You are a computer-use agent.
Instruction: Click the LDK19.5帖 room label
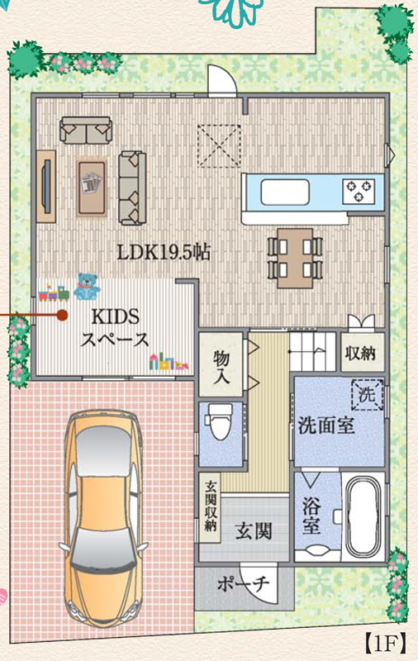[164, 252]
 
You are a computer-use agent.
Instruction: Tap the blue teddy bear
[88, 286]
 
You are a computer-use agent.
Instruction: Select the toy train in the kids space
[54, 293]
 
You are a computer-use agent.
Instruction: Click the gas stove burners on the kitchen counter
[359, 191]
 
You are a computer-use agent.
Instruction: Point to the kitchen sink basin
[285, 193]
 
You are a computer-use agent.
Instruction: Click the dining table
[295, 258]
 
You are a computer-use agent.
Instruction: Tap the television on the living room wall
[48, 186]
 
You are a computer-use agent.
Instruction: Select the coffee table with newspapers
[92, 188]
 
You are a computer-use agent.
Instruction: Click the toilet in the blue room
[219, 422]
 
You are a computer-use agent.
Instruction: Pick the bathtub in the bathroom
[363, 516]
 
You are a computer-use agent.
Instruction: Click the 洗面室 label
[326, 426]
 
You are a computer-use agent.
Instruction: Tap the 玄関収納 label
[211, 506]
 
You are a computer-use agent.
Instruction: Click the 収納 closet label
[360, 353]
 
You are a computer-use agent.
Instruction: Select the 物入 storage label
[221, 366]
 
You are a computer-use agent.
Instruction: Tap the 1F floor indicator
[385, 644]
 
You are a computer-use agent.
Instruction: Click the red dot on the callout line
[62, 315]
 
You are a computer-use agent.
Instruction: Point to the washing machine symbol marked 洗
[367, 395]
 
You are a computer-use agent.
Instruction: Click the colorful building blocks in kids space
[169, 362]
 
